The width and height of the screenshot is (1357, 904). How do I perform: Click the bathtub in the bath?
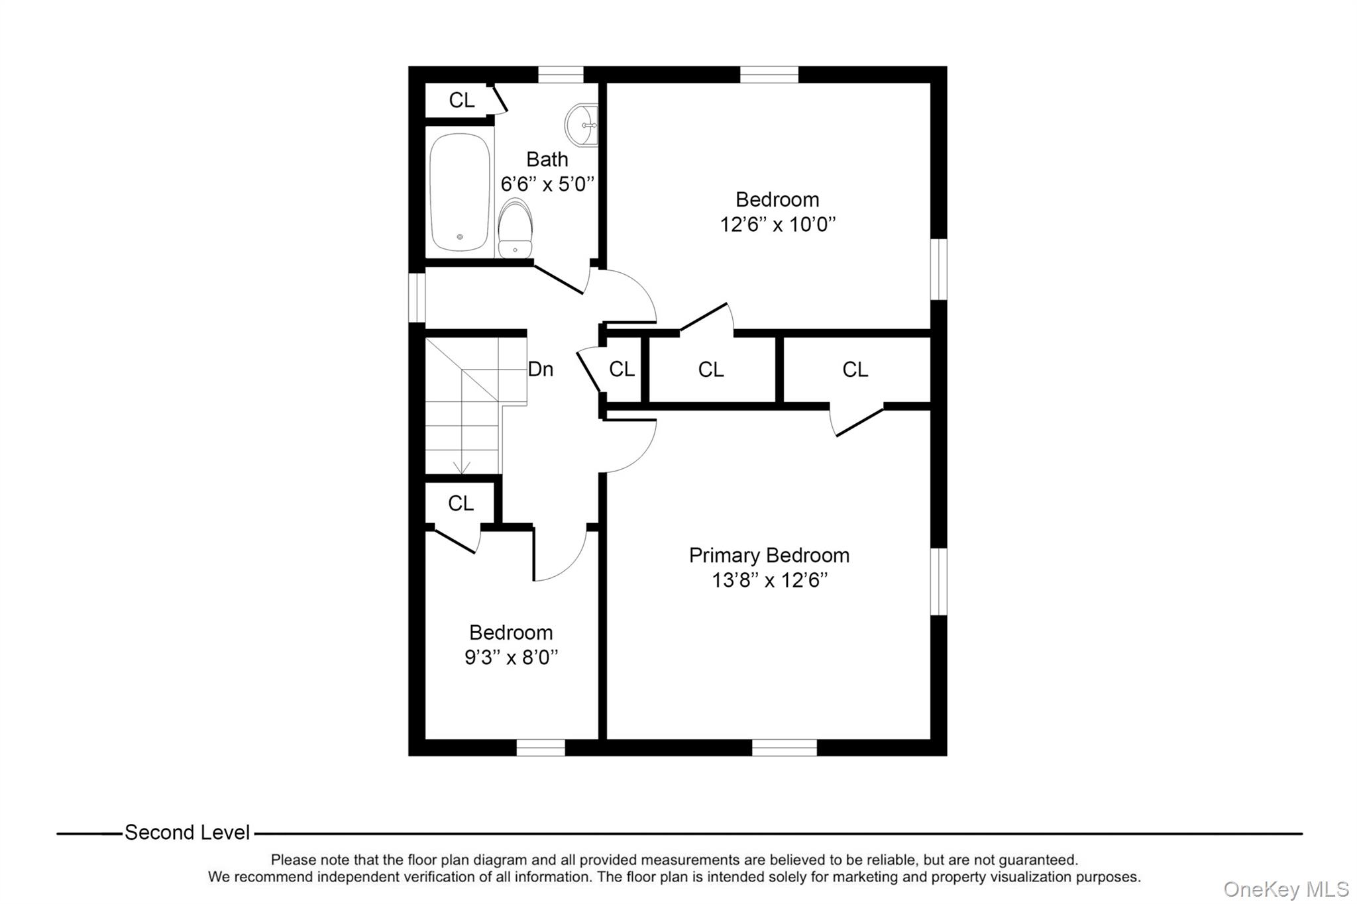point(460,192)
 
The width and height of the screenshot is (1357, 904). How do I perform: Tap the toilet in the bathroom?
point(515,229)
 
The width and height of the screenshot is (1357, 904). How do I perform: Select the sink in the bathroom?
point(582,125)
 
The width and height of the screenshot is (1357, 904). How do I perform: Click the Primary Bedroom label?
point(769,555)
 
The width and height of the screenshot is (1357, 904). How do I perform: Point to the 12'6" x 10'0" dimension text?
point(777,225)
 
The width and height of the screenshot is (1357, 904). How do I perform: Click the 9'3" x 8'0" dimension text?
point(511,658)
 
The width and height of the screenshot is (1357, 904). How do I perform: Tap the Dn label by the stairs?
point(540,370)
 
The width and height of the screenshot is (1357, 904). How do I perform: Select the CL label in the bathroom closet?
point(461,100)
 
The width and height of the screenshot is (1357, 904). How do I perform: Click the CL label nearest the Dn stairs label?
point(622,370)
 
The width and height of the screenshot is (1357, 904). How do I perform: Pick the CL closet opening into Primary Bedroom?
point(855,370)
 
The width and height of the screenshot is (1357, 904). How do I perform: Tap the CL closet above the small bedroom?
point(461,504)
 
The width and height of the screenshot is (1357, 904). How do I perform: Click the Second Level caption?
point(187,832)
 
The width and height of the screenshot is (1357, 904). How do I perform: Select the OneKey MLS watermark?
point(1285,889)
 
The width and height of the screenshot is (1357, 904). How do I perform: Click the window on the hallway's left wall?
point(416,298)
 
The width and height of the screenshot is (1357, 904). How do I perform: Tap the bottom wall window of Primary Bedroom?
point(784,747)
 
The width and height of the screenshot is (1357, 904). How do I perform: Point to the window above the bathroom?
point(560,74)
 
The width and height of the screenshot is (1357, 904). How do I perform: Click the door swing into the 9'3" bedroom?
point(560,555)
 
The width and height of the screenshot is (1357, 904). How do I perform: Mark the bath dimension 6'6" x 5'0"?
point(547,184)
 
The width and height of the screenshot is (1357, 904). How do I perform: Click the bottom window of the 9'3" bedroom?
point(540,747)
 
